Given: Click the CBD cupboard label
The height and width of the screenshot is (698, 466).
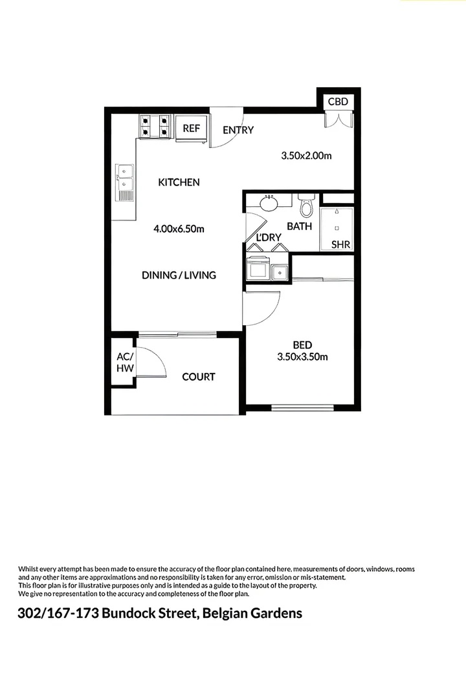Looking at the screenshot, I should pos(338,101).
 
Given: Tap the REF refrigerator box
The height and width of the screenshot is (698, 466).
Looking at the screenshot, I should pos(192,128).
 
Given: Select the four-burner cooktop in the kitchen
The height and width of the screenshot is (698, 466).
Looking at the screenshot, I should pos(155,126).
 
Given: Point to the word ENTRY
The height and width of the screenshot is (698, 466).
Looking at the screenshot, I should pos(238,130).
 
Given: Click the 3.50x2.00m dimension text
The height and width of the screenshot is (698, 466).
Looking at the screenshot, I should pos(306,156).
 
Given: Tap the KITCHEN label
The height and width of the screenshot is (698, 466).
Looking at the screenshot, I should pos(179,182).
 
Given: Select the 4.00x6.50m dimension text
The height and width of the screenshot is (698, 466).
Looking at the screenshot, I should pos(179,229).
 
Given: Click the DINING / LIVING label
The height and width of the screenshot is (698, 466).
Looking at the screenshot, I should pos(179,275).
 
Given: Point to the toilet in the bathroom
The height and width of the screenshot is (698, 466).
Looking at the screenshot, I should pos(306,207).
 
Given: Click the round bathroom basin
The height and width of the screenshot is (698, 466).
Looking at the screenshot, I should pos(269,204).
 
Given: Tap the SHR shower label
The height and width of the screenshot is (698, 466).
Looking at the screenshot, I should pos(340,245).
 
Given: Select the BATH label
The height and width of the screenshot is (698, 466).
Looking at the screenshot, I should pos(299,226).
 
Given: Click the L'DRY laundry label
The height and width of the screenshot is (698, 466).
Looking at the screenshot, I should pos(269,237).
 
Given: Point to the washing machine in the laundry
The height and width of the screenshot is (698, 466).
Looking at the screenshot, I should pos(259,270).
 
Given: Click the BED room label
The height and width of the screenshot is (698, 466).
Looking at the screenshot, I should pos(302,344).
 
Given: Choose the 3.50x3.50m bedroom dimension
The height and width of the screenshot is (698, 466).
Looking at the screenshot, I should pos(302,357).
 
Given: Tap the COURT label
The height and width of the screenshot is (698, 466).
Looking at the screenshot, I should pos(198,377).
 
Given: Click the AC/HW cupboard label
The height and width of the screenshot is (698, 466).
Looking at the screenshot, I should pos(124,362).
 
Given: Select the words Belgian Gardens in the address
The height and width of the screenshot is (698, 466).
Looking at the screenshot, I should pos(252,613).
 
